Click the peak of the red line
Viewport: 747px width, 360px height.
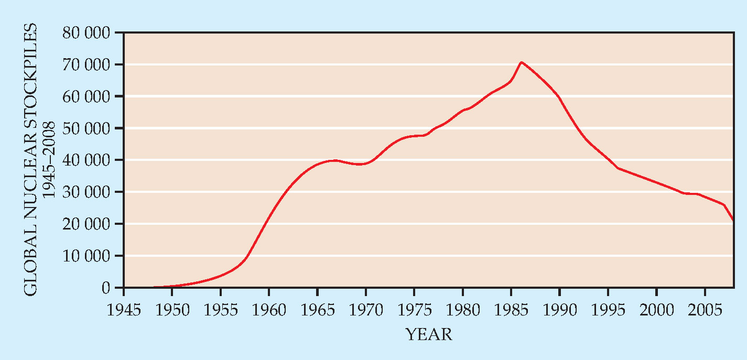coord(521,62)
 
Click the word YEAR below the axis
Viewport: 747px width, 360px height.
coord(428,334)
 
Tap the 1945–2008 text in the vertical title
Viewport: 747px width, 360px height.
coord(49,160)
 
